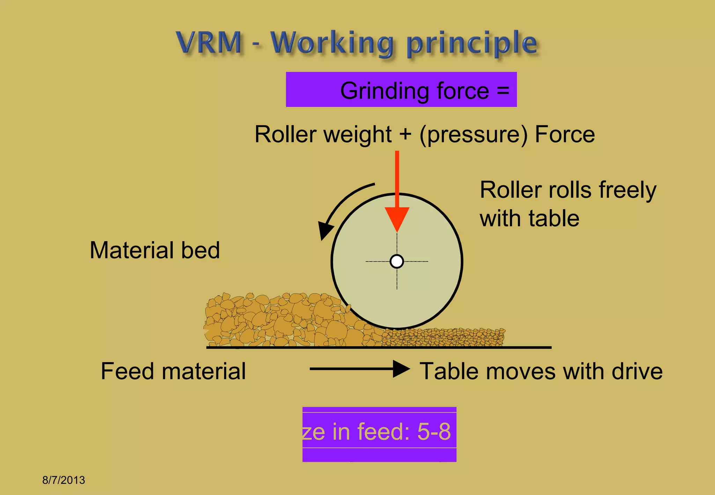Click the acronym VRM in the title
coord(209,43)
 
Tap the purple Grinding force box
coord(401,90)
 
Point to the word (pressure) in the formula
coord(473,135)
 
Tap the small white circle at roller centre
coord(397,261)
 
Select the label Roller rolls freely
coord(568,190)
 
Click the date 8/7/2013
coord(64,480)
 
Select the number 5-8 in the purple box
coord(434,431)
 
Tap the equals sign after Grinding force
coord(503,90)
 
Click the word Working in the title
coord(332,43)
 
